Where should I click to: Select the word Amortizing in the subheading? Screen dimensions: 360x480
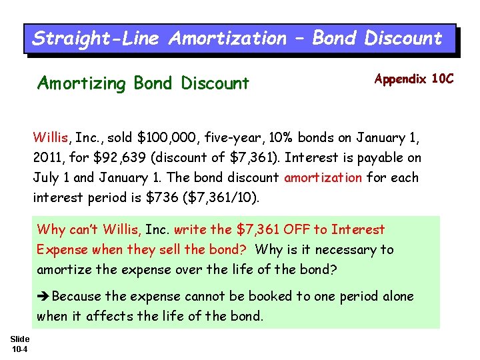pos(81,83)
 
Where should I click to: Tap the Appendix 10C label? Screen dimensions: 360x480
pos(413,79)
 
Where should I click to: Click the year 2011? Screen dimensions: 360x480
pos(49,158)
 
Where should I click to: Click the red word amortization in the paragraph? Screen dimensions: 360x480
pos(323,178)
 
